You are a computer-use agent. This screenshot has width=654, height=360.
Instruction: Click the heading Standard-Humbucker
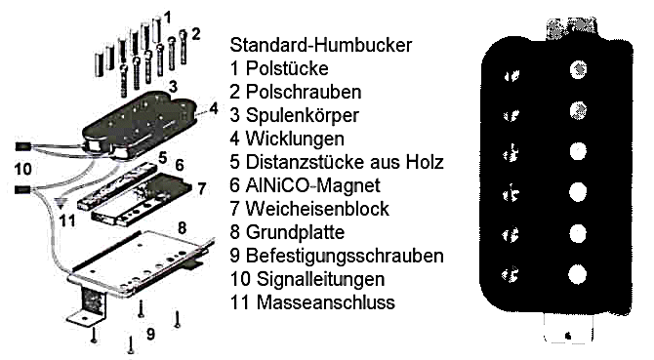coord(321,45)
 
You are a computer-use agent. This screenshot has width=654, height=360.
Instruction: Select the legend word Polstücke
coord(287,68)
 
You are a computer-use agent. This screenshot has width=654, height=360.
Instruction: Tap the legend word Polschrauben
coord(304,92)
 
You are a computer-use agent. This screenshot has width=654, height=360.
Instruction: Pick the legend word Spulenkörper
coord(302,115)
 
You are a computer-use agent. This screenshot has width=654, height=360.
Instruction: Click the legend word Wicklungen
coord(295,139)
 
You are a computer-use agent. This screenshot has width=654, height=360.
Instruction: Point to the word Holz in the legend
coord(425,162)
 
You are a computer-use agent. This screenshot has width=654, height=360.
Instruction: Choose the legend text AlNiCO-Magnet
coord(312,185)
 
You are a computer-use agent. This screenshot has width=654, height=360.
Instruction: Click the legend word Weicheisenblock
coord(317,209)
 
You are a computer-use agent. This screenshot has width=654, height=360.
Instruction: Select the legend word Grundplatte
coord(296,232)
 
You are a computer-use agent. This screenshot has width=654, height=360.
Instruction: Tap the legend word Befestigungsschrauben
coord(345,256)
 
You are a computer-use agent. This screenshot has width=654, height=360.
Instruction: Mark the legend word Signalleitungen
coord(320,279)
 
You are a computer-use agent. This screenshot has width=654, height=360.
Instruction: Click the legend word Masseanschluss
coord(325,302)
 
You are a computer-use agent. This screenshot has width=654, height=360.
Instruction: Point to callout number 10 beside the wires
coord(23,169)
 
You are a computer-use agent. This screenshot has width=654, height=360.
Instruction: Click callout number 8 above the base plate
coord(182,228)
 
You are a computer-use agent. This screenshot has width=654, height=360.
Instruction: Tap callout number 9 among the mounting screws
coord(150,334)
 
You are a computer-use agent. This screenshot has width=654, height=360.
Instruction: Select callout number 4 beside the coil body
coord(214,108)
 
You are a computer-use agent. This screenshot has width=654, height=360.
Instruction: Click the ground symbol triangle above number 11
coord(61,204)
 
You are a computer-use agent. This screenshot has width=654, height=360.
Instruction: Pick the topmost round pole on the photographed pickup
coord(578,69)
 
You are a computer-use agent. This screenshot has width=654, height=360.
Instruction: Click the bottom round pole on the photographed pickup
coord(577,274)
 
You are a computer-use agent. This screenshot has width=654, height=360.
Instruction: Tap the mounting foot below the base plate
coord(90,306)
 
